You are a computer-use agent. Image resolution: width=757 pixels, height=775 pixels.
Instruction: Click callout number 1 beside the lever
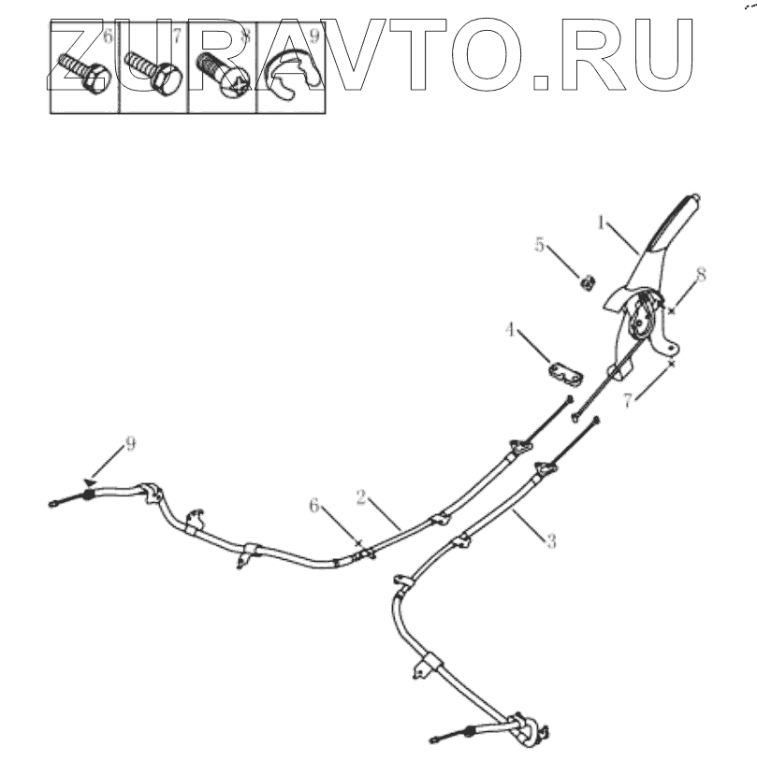tap(603, 223)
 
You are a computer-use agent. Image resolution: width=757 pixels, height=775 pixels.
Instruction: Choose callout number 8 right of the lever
tap(701, 275)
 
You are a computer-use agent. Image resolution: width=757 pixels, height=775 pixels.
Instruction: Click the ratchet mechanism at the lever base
tap(640, 318)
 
